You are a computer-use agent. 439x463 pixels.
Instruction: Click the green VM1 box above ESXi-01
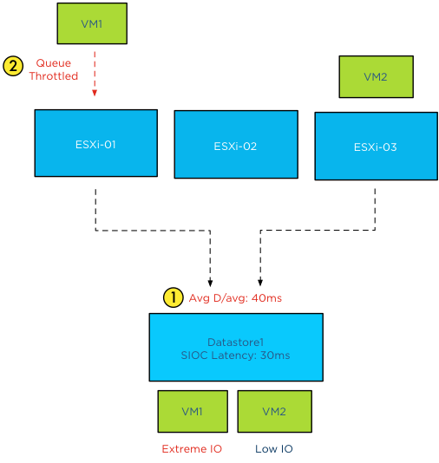point(92,23)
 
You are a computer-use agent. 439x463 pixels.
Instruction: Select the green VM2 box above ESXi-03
point(375,77)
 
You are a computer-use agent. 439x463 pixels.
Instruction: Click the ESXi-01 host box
point(95,144)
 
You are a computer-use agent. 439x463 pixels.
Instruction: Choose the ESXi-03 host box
point(376,147)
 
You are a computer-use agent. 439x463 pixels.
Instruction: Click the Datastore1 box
point(235,347)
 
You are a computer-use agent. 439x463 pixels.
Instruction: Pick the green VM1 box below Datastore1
point(192,411)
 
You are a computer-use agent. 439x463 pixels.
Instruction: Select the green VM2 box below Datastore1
point(274,411)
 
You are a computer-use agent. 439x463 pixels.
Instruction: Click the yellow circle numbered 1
point(173,297)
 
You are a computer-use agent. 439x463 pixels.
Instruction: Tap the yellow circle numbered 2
point(13,66)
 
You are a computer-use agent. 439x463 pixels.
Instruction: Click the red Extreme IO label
point(192,449)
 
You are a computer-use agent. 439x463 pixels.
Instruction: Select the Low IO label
point(274,449)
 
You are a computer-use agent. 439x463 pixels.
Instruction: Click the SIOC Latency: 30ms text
point(235,355)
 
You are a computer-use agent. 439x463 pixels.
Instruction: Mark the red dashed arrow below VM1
point(95,74)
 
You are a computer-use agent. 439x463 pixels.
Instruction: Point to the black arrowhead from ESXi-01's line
point(211,284)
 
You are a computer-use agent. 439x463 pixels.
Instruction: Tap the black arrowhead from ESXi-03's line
point(259,284)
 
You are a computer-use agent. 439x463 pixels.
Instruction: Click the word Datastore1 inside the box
point(235,341)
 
